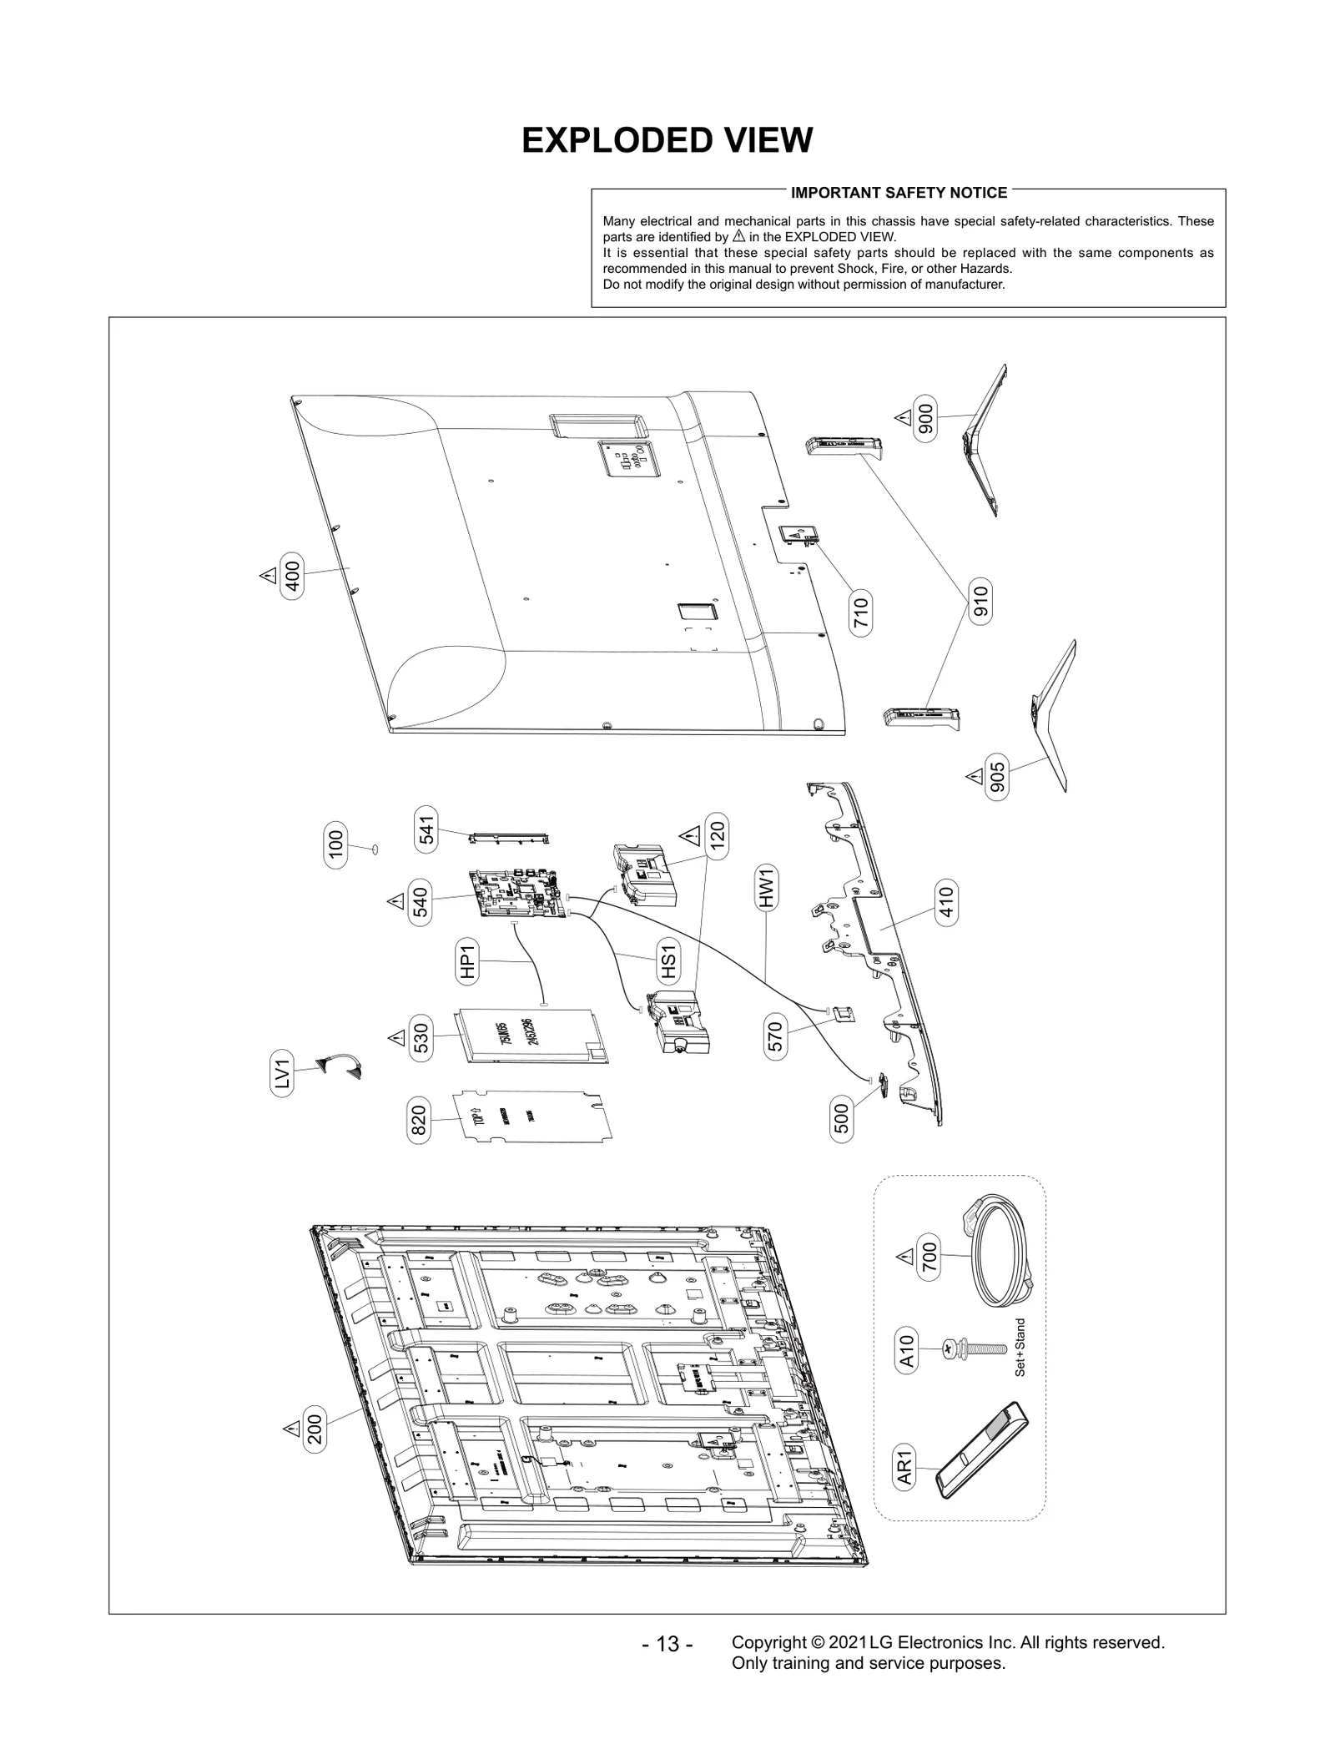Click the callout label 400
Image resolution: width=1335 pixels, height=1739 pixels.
(292, 572)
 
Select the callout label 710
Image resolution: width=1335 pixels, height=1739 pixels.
(861, 613)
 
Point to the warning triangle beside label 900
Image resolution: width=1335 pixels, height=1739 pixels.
(903, 417)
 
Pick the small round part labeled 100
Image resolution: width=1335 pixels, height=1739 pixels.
(375, 849)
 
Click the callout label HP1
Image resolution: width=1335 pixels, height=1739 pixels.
(467, 960)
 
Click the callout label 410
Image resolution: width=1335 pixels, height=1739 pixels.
(946, 902)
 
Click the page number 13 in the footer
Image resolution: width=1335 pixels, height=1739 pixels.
(667, 1644)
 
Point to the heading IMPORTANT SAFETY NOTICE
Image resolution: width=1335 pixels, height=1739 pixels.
(899, 193)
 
